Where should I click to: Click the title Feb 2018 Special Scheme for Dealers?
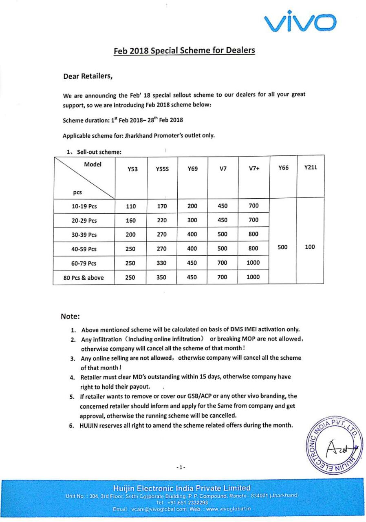pos(184,51)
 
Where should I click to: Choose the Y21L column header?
pos(311,167)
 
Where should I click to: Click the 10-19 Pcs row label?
pos(84,206)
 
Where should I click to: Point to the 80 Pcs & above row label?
pos(84,278)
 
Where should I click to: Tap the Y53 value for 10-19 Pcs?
pos(131,206)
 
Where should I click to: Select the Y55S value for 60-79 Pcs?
pos(162,263)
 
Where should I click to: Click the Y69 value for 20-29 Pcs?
pos(192,220)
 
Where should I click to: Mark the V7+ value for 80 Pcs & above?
pos(253,277)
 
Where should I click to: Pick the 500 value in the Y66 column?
pos(283,247)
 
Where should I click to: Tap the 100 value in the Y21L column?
pos(310,247)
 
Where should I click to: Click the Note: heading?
pos(70,316)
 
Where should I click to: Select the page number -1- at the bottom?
pos(181,467)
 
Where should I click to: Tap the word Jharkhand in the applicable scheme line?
pos(136,136)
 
